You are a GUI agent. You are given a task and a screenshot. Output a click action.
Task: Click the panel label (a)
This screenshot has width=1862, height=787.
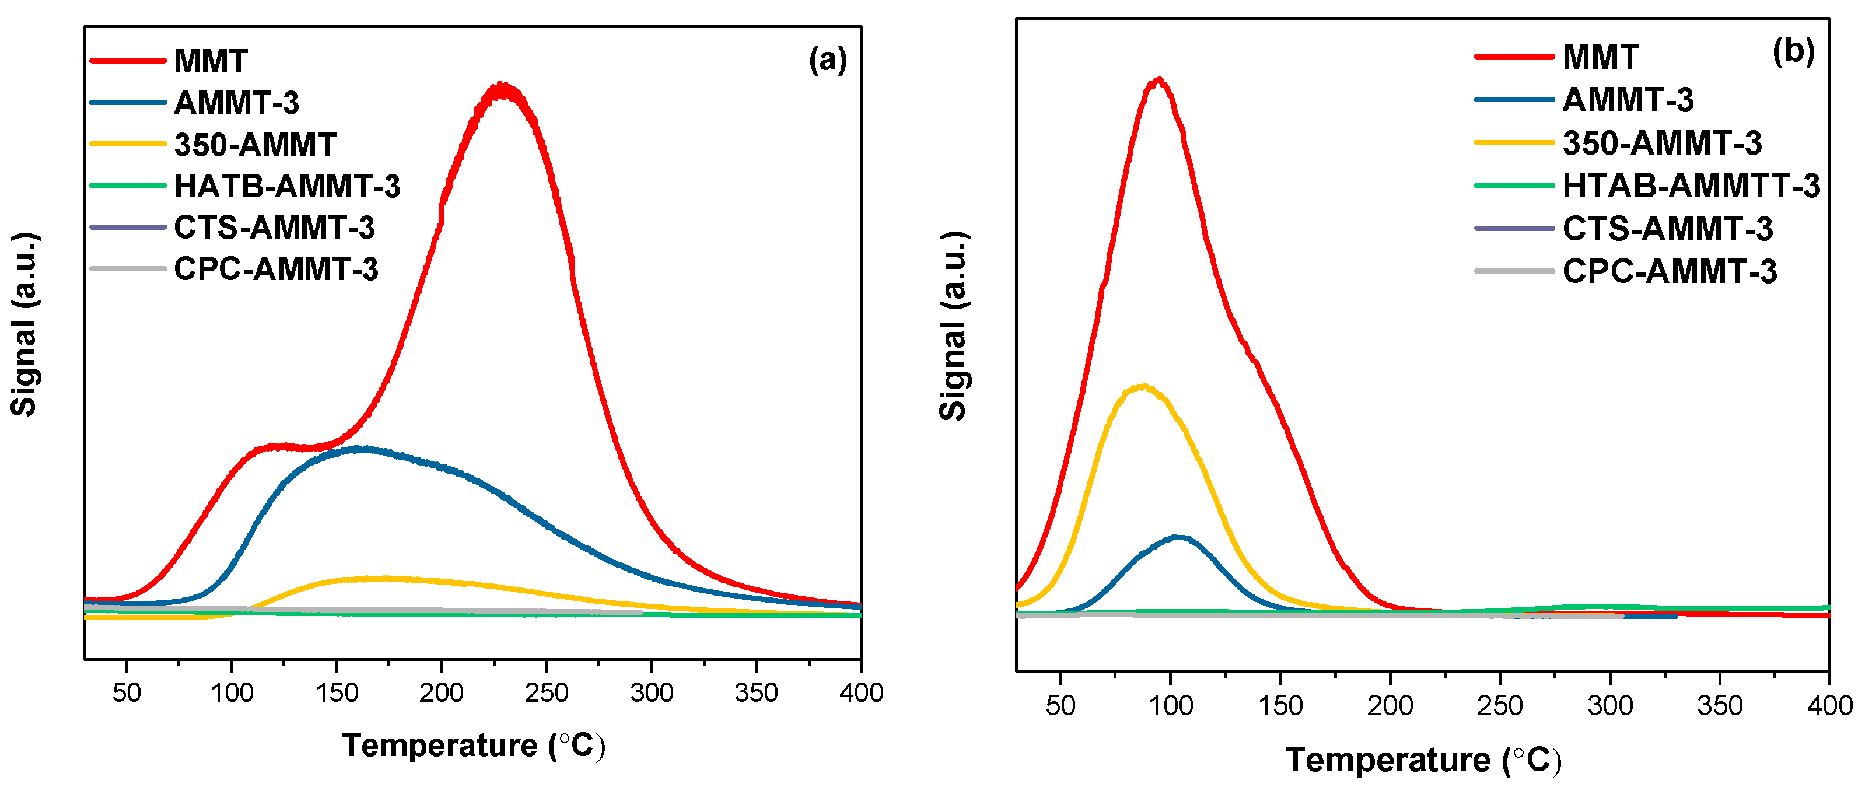(x=828, y=60)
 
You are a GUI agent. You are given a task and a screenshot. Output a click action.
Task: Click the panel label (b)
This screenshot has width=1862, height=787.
(x=1793, y=52)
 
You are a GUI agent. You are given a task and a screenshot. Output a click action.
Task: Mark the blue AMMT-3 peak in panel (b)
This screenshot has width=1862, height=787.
(x=1178, y=536)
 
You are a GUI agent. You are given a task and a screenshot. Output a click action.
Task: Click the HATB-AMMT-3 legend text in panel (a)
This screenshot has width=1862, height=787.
(x=287, y=187)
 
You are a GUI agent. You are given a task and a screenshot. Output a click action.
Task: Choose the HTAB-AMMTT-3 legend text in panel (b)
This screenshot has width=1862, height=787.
(x=1690, y=186)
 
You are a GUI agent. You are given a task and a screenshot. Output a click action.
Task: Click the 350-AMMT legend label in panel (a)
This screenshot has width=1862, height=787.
(x=254, y=145)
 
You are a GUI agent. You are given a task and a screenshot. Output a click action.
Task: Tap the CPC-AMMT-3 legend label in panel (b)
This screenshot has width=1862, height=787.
(x=1669, y=272)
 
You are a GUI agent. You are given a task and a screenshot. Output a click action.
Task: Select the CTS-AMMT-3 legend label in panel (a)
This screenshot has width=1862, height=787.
(x=274, y=228)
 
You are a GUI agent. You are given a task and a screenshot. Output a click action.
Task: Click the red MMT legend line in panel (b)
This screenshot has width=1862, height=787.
(x=1514, y=57)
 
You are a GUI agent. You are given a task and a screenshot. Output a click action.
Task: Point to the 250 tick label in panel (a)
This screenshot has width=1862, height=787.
(x=547, y=693)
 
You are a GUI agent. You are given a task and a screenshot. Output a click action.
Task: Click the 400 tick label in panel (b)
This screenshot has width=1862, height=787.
(x=1829, y=705)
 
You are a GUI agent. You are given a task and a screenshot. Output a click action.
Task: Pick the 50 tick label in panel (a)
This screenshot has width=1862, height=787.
(x=127, y=693)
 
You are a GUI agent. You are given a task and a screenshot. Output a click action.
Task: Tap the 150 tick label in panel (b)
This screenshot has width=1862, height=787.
(x=1280, y=705)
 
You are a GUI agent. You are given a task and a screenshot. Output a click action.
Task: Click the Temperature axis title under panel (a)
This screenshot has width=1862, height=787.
(x=473, y=745)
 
